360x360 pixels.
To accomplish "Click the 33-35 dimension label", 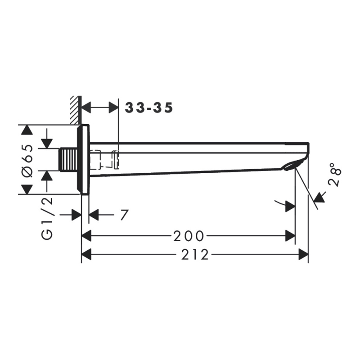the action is point(148,108).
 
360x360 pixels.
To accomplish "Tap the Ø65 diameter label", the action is point(27,161).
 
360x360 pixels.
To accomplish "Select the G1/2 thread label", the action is point(47,219).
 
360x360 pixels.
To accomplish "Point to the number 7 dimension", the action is point(124,215).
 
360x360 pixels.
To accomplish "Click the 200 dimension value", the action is point(189,236).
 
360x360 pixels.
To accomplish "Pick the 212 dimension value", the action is point(195,255).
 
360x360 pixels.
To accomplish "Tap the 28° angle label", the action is point(335,175).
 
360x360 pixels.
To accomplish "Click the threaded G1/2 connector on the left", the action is point(68,160).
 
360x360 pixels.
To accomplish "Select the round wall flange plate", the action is point(83,160).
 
